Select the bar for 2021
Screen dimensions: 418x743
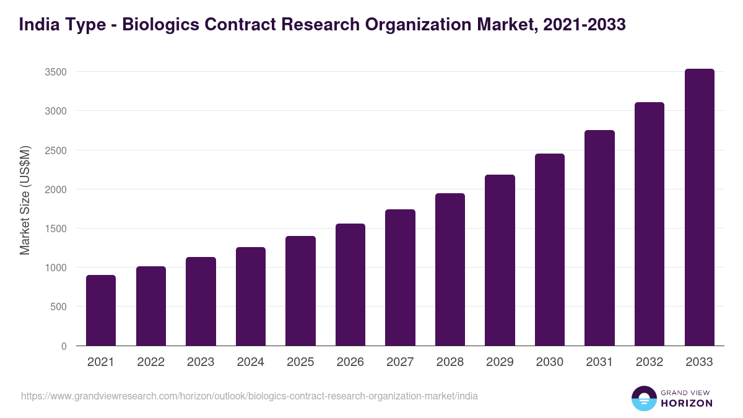coord(101,310)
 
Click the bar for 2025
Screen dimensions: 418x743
coord(300,291)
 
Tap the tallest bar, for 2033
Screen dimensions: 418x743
coord(699,207)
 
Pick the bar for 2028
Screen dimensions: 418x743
coord(450,269)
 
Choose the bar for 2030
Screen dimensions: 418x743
coord(550,250)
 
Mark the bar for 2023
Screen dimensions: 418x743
coord(201,302)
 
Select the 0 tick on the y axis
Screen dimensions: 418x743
coord(64,346)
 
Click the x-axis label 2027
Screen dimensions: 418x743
coord(400,362)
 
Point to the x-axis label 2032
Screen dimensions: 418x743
coord(650,362)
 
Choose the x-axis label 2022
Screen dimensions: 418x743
coord(150,362)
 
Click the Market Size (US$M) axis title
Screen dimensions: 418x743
coord(25,200)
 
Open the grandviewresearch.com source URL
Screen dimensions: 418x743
coord(250,396)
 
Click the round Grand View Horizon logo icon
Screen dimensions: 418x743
coord(644,398)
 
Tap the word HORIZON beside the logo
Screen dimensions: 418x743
coord(686,403)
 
